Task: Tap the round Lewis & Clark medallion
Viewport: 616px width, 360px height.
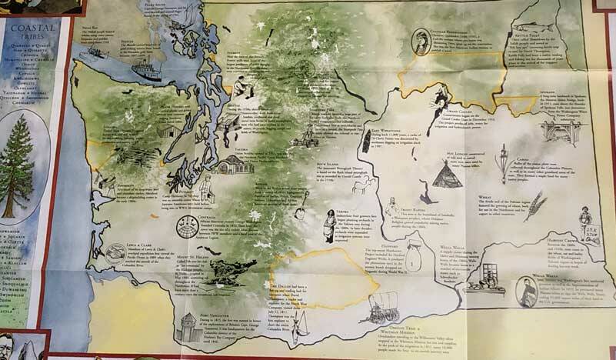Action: pyautogui.click(x=116, y=253)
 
